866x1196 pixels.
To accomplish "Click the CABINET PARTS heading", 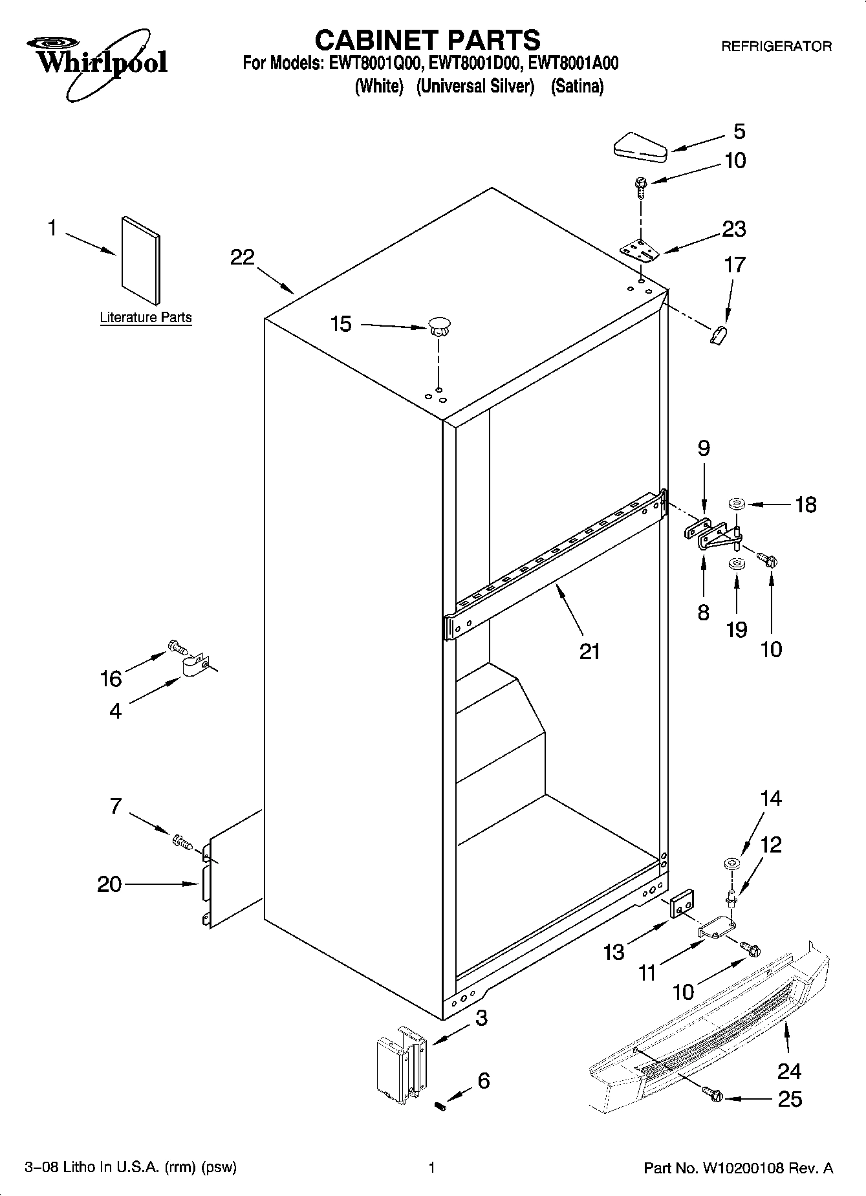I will tap(427, 40).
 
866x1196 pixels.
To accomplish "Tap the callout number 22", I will tap(243, 257).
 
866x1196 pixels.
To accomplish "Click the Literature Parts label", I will tap(146, 318).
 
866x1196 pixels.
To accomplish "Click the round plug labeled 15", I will tap(439, 325).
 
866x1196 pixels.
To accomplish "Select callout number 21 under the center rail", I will tap(589, 651).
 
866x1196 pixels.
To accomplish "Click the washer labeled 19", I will tap(736, 565).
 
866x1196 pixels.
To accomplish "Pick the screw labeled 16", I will tap(176, 646).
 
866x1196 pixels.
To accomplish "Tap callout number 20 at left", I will tap(109, 884).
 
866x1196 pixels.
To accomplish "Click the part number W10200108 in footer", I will tap(746, 1168).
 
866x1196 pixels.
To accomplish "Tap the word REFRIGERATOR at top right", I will tap(776, 47).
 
